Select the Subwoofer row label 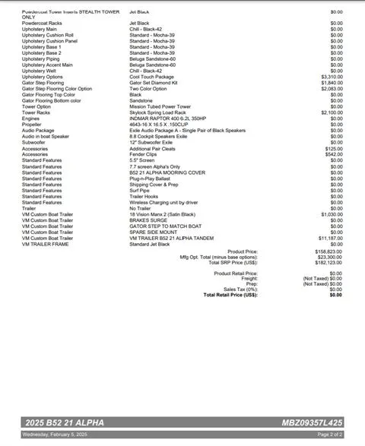pyautogui.click(x=35, y=142)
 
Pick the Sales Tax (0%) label pyautogui.click(x=240, y=289)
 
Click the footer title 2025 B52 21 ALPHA pyautogui.click(x=62, y=422)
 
